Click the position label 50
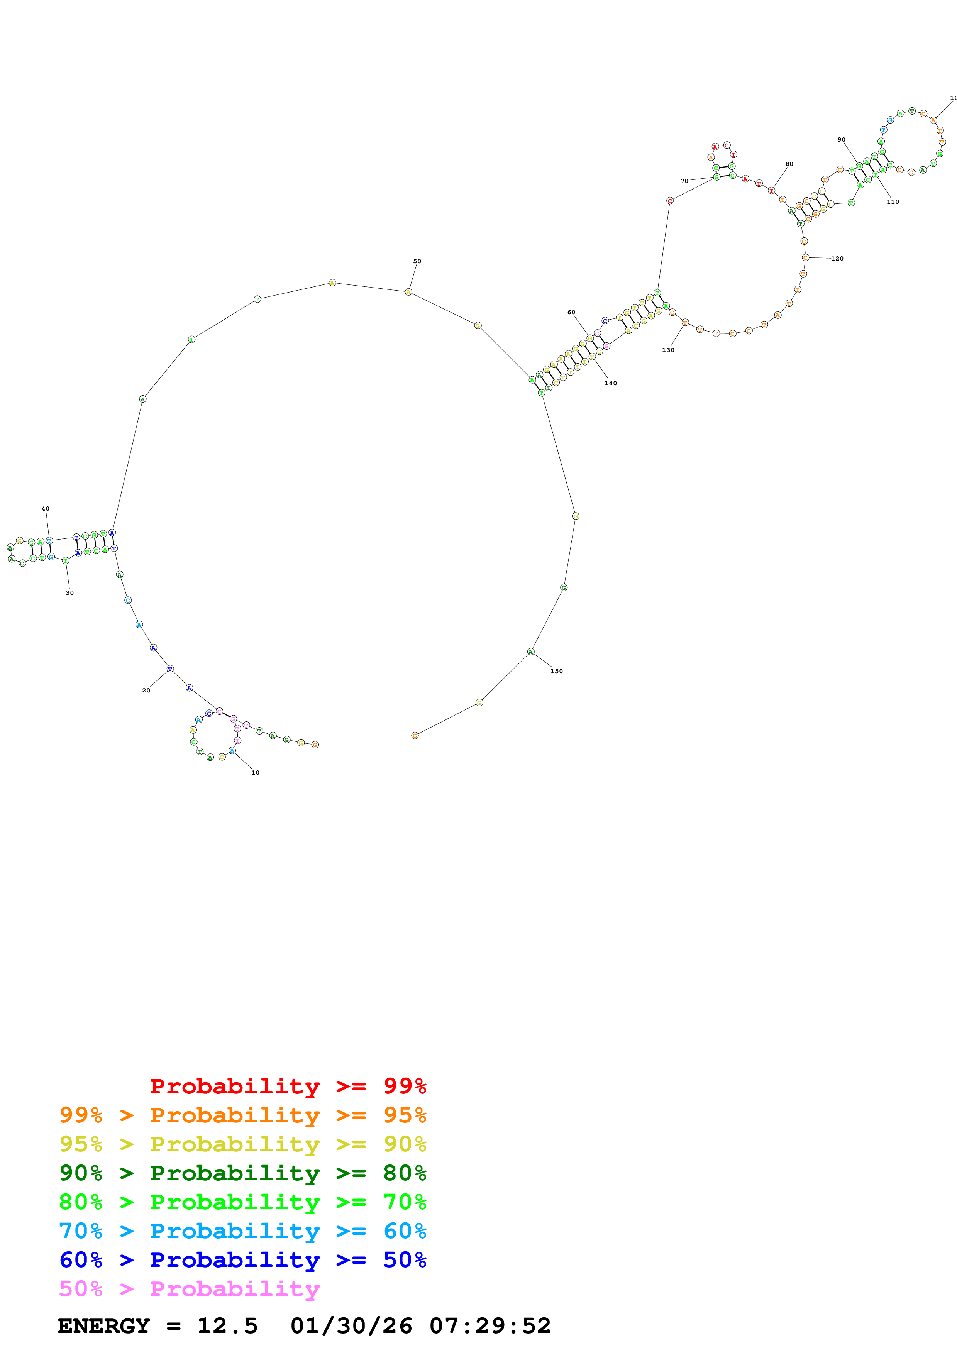click(x=417, y=261)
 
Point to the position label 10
click(x=255, y=773)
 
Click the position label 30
click(x=69, y=593)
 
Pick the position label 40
click(x=46, y=508)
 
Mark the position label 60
click(x=571, y=313)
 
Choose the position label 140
click(x=610, y=383)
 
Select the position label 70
click(x=684, y=181)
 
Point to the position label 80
click(x=789, y=164)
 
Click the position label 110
click(x=893, y=202)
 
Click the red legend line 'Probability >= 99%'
click(x=288, y=1086)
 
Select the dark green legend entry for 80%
click(x=242, y=1173)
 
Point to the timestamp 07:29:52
click(x=490, y=1326)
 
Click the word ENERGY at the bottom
click(x=104, y=1326)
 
